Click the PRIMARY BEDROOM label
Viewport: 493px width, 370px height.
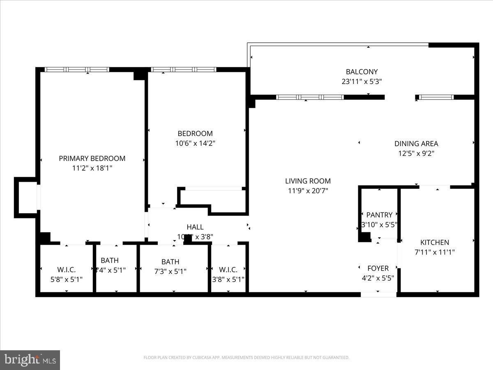point(92,158)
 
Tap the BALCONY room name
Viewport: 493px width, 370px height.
point(362,72)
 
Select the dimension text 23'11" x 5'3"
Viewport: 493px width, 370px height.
point(362,81)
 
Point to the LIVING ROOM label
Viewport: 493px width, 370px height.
point(308,181)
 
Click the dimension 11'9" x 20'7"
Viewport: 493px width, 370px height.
point(308,191)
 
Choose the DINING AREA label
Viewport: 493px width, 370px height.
point(416,143)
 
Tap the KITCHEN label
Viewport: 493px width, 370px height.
point(434,242)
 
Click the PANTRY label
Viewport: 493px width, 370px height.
point(379,215)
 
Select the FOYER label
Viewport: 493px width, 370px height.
point(378,268)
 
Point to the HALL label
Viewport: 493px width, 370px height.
point(195,227)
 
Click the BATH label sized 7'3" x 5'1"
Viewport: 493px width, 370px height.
point(170,261)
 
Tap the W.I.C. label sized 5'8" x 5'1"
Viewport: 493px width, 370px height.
point(66,270)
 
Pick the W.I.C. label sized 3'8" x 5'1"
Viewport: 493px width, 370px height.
point(228,270)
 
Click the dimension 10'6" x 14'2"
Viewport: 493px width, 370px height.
point(195,143)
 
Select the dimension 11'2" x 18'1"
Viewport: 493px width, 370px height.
point(92,168)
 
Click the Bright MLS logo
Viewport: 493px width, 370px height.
point(30,360)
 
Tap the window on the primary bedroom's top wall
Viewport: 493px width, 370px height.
point(77,69)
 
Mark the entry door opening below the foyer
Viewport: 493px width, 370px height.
point(378,294)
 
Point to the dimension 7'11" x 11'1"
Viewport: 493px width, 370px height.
point(434,252)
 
